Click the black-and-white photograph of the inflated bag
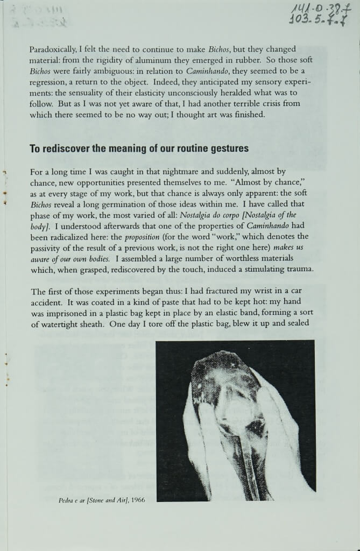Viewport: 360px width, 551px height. pos(235,420)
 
